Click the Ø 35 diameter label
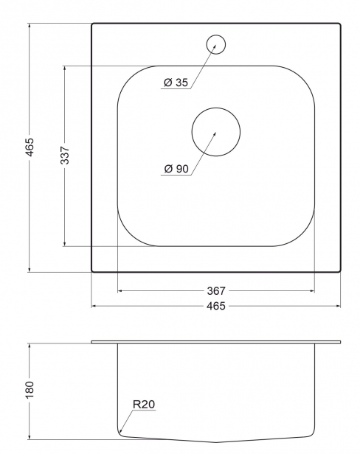(x=176, y=83)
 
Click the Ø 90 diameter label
(x=176, y=169)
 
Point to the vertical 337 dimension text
(x=65, y=156)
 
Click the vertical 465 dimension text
(x=30, y=147)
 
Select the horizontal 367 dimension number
(x=216, y=290)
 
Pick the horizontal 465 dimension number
(x=216, y=306)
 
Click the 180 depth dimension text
(x=30, y=389)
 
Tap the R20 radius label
(x=144, y=404)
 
